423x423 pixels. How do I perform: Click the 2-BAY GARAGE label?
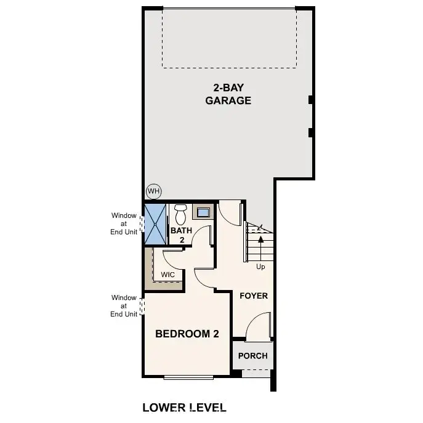coord(228,94)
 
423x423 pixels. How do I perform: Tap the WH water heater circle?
coord(153,191)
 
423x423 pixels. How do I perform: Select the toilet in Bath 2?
coord(180,215)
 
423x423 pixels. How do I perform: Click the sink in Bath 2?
coord(203,213)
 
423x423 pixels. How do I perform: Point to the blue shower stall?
coord(155,223)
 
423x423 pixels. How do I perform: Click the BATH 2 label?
coord(182,235)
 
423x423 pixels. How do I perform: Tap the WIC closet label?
coord(167,275)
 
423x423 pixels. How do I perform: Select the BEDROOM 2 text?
coord(187,334)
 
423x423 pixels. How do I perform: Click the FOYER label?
coord(254,296)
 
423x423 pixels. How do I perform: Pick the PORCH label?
coord(253,356)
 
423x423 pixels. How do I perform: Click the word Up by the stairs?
coord(261,267)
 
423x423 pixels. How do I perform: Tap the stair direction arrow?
coord(261,244)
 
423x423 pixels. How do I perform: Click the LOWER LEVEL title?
coord(184,408)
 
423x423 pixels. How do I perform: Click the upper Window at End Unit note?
coord(124,224)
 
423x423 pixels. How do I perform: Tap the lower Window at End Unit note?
coord(124,306)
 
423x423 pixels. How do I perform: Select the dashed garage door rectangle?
coord(228,37)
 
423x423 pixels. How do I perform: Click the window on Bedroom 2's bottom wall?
coord(189,376)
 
